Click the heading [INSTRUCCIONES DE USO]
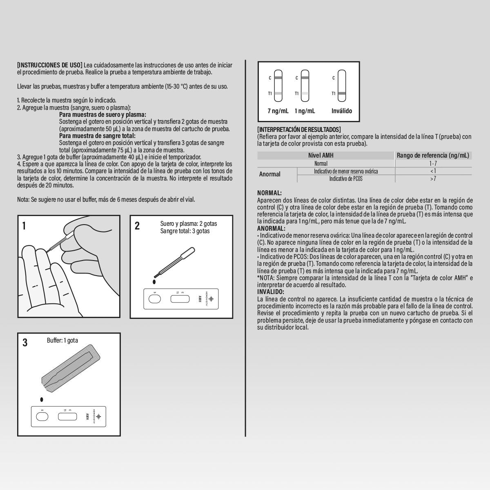(49, 65)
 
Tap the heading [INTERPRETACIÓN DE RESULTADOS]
(299, 130)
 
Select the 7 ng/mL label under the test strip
(278, 111)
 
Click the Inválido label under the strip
(342, 111)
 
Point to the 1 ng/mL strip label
(305, 111)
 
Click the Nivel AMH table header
(321, 156)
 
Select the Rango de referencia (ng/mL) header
(433, 156)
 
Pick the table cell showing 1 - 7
(433, 163)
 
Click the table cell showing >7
(433, 178)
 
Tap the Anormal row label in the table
(270, 174)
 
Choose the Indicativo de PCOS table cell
(346, 178)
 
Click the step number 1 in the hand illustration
(24, 226)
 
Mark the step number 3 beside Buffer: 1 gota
(25, 343)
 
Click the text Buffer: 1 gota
(62, 340)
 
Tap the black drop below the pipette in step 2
(154, 282)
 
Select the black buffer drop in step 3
(42, 399)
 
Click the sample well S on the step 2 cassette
(155, 299)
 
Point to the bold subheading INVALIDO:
(270, 292)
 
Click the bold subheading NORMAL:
(269, 193)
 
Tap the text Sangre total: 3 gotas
(185, 231)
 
